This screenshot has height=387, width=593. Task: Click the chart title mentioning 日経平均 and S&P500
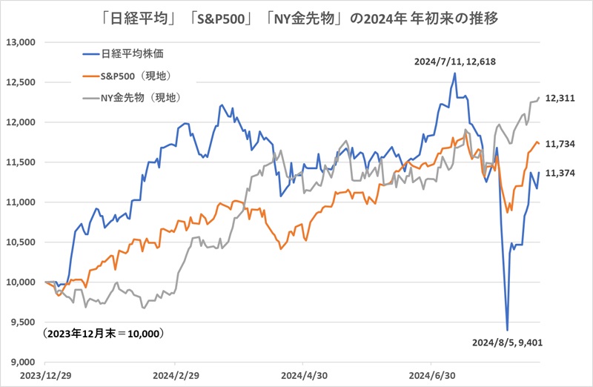296,17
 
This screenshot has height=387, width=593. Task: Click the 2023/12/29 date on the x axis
44,376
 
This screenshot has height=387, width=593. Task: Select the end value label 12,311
561,98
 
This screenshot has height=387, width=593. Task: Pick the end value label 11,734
561,145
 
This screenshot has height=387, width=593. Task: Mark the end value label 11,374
561,173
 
